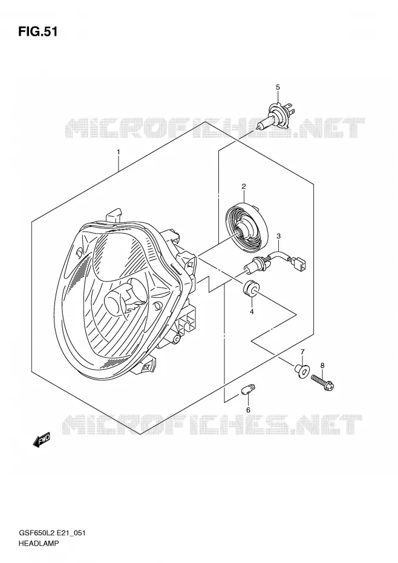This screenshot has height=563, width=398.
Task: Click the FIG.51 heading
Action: [x=38, y=32]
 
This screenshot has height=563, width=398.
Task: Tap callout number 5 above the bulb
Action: [x=278, y=87]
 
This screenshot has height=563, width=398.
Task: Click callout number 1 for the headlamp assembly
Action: [x=119, y=152]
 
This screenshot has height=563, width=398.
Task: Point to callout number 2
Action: [x=244, y=186]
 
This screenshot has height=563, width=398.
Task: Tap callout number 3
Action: [x=278, y=236]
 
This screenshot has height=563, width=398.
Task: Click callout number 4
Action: [x=252, y=312]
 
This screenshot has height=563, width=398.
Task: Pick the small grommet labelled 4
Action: [x=250, y=288]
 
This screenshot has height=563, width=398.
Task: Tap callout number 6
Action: [x=247, y=410]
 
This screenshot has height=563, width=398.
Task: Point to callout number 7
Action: [x=302, y=351]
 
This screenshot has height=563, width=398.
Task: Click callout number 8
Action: [x=322, y=366]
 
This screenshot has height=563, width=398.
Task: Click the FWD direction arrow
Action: [x=42, y=440]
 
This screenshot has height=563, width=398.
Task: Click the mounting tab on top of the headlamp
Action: [x=114, y=215]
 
